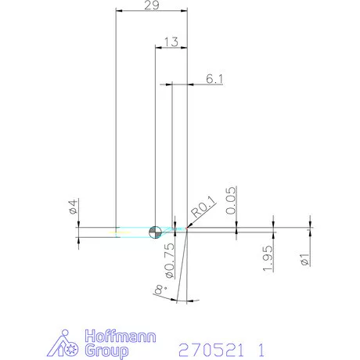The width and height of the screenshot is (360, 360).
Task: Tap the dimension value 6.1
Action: pos(214,78)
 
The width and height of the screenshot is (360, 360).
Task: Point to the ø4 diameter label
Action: pos(72,207)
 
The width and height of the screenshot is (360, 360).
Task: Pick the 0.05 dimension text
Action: pos(232,200)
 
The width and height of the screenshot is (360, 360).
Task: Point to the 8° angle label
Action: pos(160,291)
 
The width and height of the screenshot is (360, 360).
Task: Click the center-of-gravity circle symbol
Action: pos(155,231)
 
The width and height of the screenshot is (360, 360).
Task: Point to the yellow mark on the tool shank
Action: pos(117,232)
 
